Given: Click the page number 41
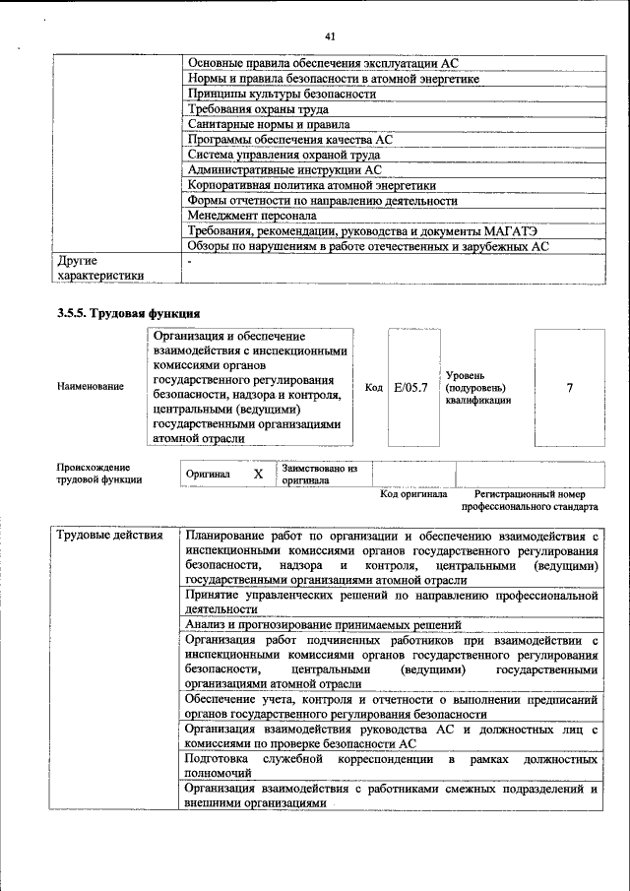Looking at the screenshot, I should coord(331,37).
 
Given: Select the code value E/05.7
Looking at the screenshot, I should coord(410,387).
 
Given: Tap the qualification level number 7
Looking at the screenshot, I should coord(569,387).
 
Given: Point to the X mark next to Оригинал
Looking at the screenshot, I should coord(259,475).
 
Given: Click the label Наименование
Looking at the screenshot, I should coord(91,387).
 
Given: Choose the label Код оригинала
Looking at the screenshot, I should coord(413,494).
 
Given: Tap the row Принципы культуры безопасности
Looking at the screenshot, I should coord(282,95).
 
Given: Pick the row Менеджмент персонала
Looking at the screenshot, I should coord(252,215).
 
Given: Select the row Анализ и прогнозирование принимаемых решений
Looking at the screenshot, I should coord(323,625).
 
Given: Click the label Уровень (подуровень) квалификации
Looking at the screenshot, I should coord(478,388).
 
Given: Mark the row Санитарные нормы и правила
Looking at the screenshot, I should coord(268,125).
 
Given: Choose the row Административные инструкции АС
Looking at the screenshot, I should coord(283,169).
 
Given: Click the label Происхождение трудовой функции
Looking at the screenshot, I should coord(98,474).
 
